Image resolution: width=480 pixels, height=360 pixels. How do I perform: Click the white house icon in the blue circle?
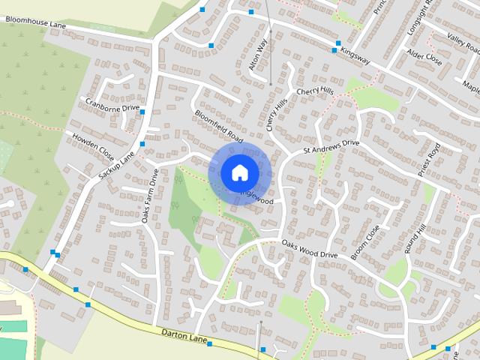pos(239,172)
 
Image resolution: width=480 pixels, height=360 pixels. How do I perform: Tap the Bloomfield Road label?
pos(220,126)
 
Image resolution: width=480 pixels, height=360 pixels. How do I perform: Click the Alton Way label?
pos(258,55)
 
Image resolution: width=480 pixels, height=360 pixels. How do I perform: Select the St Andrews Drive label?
pos(331,146)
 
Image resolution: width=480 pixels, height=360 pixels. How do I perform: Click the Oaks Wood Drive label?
pos(310,249)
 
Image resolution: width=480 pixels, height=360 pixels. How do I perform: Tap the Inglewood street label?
pos(256,196)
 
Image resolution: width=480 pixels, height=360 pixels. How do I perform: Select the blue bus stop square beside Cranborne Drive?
pos(142,112)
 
